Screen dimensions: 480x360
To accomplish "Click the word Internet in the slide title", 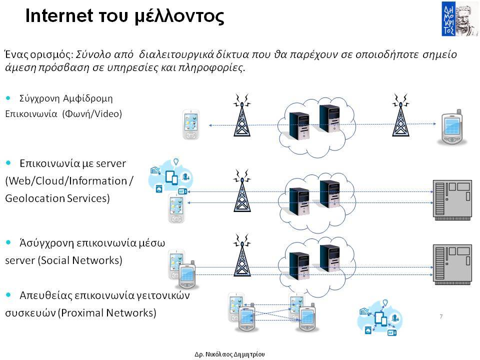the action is (59, 15).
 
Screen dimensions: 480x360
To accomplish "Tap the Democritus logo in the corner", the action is (459, 19).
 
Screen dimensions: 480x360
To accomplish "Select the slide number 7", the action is (441, 316).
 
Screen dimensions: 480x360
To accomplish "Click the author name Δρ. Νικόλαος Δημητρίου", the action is (229, 354).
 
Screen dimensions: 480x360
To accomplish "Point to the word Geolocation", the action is (35, 198).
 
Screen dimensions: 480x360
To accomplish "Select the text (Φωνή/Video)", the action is (92, 114).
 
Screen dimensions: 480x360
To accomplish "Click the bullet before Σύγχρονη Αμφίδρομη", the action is (8, 98).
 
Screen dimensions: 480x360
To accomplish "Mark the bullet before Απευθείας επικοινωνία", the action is (8, 295).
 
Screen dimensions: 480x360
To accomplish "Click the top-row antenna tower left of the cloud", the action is (242, 115).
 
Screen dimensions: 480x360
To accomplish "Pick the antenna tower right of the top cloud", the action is (400, 115).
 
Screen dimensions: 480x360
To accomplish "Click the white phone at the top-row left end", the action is (191, 124).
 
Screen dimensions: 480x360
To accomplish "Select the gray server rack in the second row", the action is (452, 200).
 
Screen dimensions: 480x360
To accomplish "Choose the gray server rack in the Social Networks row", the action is (452, 264).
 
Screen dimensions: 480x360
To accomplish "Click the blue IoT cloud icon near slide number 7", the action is (380, 318).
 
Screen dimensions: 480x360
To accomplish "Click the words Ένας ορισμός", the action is (39, 54).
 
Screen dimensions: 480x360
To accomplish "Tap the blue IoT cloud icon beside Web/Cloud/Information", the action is (170, 176).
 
